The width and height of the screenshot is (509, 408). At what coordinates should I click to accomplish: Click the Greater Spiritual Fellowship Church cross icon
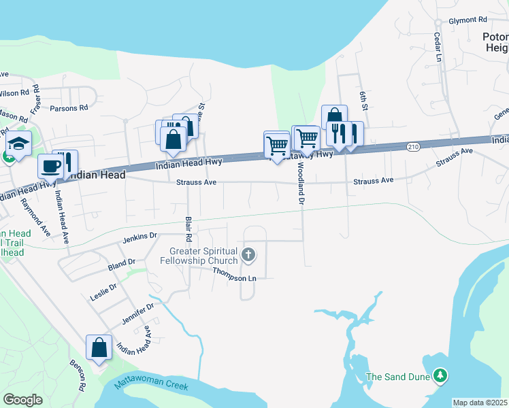point(249,256)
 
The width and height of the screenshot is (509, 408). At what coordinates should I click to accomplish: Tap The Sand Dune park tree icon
point(441,376)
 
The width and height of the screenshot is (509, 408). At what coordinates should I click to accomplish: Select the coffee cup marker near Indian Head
point(50,165)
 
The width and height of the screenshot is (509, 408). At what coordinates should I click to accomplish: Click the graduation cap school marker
point(18,144)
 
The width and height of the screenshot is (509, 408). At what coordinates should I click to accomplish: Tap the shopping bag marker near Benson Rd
point(99,347)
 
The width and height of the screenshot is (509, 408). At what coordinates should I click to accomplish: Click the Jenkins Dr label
point(140,237)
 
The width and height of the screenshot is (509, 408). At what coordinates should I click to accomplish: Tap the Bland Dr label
point(122,263)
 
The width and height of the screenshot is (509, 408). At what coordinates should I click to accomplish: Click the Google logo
point(22,400)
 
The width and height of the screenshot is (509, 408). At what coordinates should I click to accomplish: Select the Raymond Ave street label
point(35,217)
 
